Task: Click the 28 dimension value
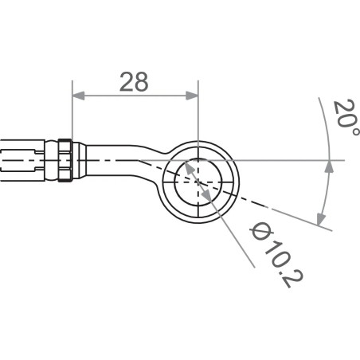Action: (x=135, y=80)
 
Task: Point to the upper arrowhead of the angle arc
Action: (x=327, y=166)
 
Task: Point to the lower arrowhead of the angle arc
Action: (x=321, y=219)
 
